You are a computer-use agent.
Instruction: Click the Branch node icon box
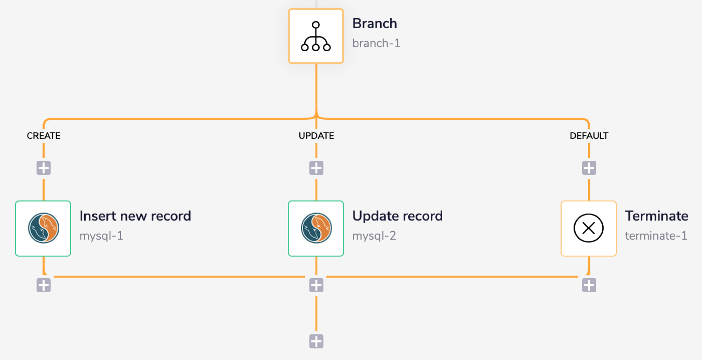[316, 36]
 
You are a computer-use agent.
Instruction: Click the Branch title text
[375, 24]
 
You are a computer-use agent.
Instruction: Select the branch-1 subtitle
[376, 43]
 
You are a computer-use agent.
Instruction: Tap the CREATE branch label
[44, 136]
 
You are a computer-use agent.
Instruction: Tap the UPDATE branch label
[316, 136]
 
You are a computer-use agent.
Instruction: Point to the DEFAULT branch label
[589, 136]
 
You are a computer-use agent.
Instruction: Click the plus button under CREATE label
[44, 168]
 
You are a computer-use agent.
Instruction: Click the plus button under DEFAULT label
[589, 168]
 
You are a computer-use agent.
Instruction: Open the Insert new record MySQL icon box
[43, 228]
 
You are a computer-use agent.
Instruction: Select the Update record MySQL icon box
[316, 228]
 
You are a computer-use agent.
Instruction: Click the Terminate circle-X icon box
[589, 228]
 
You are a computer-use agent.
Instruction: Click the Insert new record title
[135, 216]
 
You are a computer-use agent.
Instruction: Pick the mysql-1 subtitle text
[101, 235]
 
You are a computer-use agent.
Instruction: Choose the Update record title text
[397, 216]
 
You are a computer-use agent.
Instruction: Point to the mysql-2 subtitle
[374, 235]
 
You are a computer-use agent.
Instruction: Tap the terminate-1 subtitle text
[656, 235]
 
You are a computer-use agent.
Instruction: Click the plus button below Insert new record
[44, 285]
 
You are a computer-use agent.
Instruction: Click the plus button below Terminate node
[589, 285]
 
